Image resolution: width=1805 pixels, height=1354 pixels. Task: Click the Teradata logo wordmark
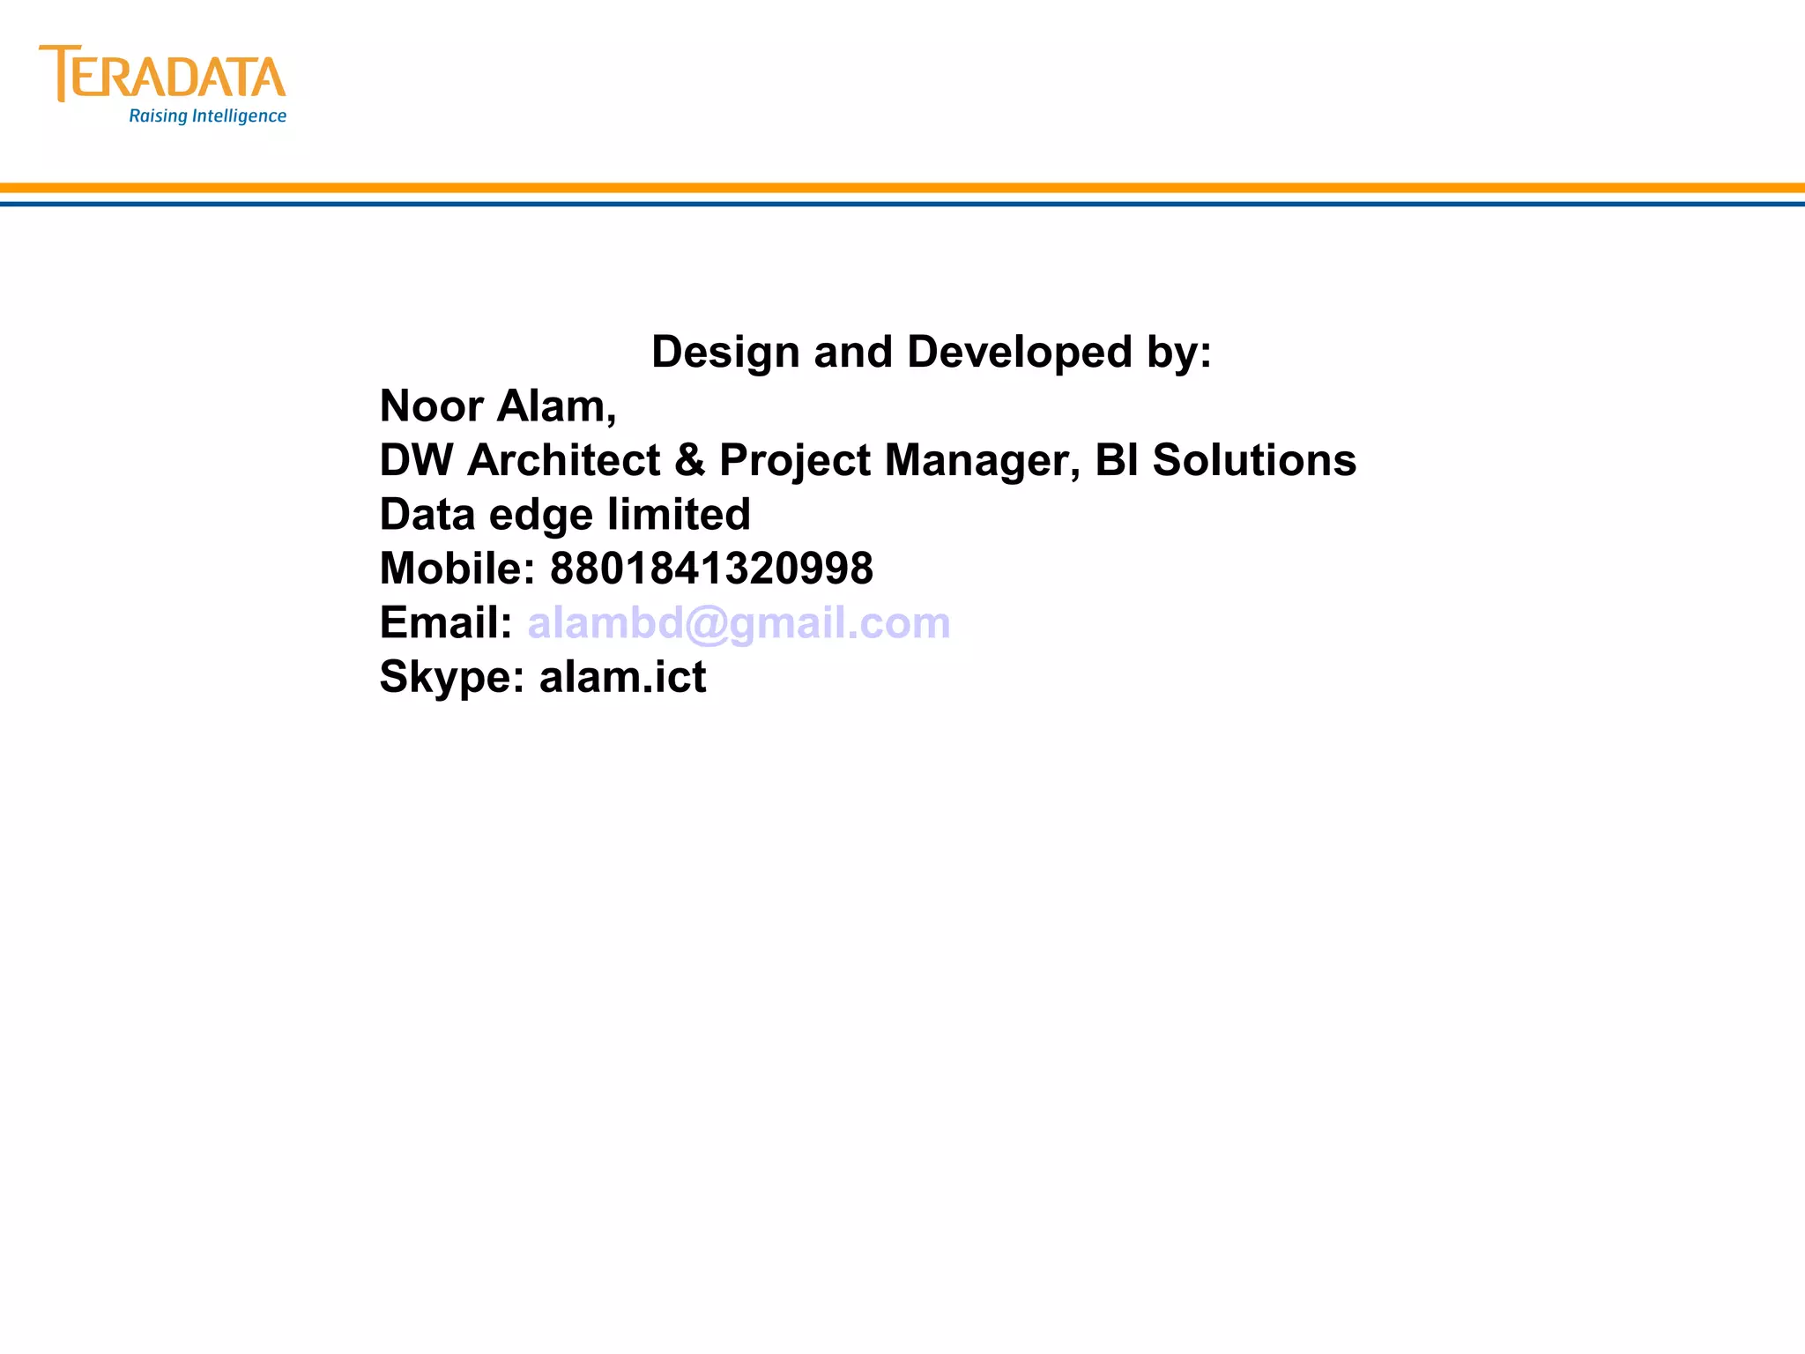pos(163,74)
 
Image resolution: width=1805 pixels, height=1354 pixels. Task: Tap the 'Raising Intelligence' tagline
pos(207,116)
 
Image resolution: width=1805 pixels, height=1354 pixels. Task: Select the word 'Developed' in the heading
pos(1020,353)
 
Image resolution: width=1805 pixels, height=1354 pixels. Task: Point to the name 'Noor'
pos(432,406)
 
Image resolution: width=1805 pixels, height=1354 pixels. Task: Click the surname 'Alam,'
pos(557,406)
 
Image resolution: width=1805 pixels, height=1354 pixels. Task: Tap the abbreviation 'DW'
pos(416,460)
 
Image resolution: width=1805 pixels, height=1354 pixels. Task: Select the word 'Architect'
pos(564,460)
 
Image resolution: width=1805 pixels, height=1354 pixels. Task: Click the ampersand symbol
pos(690,460)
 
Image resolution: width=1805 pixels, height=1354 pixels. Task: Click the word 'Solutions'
pos(1254,460)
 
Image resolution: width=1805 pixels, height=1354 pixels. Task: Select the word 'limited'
pos(679,515)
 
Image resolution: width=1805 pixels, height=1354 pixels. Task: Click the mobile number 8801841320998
pos(711,569)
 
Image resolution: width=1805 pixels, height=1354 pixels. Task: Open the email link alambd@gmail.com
pos(739,623)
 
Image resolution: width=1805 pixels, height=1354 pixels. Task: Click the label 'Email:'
pos(446,623)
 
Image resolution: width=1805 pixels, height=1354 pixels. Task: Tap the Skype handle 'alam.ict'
pos(622,677)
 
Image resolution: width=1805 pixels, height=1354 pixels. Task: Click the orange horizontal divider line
pos(902,188)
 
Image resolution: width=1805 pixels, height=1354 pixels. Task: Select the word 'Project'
pos(795,460)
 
